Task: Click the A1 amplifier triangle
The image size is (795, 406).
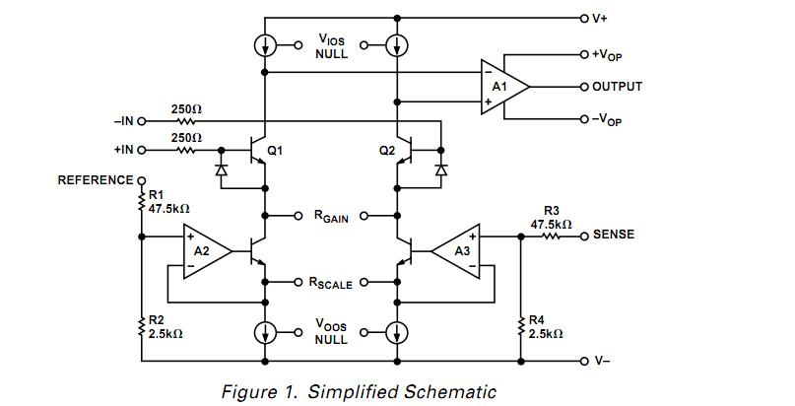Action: (x=501, y=86)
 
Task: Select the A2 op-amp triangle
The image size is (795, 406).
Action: (x=205, y=251)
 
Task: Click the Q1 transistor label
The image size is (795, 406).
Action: (x=275, y=151)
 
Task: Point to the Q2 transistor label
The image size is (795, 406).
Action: (x=386, y=151)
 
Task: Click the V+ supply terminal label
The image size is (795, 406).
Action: (x=599, y=18)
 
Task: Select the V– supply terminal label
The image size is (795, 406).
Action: (x=601, y=361)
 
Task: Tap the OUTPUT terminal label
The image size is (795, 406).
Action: (x=617, y=87)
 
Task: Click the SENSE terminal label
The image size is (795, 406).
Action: (x=613, y=235)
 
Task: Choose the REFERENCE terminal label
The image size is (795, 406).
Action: (x=95, y=180)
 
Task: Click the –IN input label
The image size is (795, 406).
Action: (x=123, y=121)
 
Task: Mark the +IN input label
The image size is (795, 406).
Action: (x=123, y=150)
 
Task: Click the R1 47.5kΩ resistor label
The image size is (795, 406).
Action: (x=167, y=203)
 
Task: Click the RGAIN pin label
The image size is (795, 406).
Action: (x=331, y=216)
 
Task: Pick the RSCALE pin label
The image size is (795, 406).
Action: (x=330, y=284)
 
